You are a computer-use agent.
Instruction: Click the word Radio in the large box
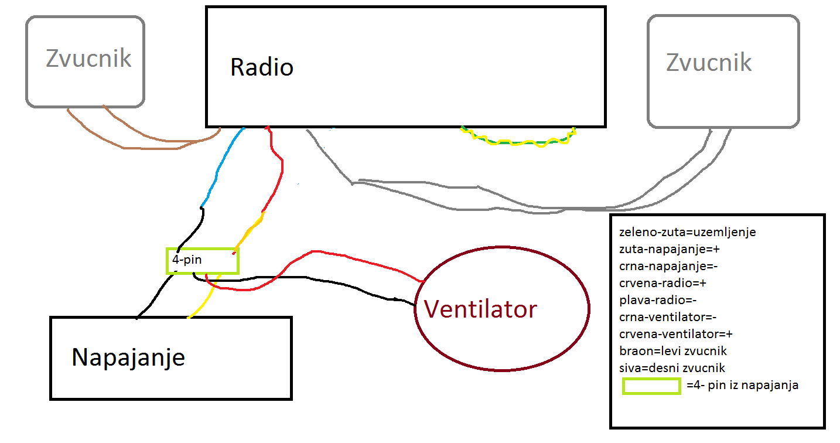[261, 67]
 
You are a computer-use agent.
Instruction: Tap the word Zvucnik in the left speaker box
[88, 59]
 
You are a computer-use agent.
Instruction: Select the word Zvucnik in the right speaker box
[709, 62]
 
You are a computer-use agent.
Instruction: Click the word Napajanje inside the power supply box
[128, 356]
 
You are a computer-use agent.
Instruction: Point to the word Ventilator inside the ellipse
[480, 309]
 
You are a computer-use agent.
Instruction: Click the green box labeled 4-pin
[203, 260]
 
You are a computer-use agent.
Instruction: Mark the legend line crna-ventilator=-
[668, 318]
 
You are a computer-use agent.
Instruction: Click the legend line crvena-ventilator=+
[676, 335]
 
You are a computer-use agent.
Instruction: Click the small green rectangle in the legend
[651, 386]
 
